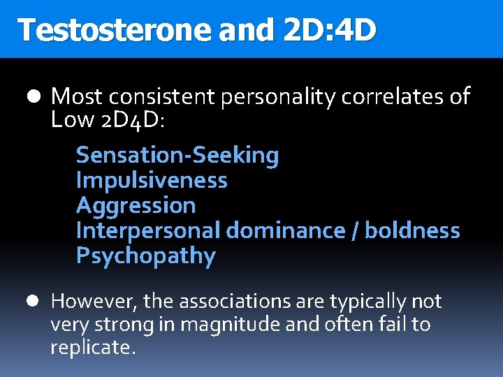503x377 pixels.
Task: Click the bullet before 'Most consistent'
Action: pyautogui.click(x=37, y=96)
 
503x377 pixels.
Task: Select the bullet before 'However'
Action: pyautogui.click(x=37, y=302)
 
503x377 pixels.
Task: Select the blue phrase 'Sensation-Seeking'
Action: pyautogui.click(x=177, y=156)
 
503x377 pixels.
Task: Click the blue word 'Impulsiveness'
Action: pyautogui.click(x=152, y=181)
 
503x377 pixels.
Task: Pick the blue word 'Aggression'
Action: pyautogui.click(x=136, y=206)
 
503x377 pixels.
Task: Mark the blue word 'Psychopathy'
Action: pyautogui.click(x=146, y=256)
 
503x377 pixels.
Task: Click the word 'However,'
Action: pyautogui.click(x=95, y=302)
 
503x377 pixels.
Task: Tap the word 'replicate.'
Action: pyautogui.click(x=93, y=348)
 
